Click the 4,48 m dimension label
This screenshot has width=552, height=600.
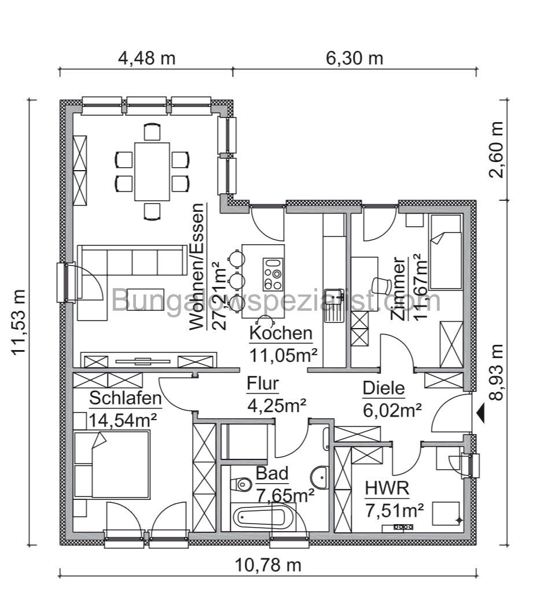(x=146, y=58)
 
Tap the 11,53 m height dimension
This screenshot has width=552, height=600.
(x=19, y=322)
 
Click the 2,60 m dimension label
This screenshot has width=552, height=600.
(x=496, y=150)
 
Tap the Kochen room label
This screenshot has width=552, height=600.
(x=281, y=333)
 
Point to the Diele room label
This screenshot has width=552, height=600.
(x=384, y=388)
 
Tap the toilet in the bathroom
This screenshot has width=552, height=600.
(x=241, y=483)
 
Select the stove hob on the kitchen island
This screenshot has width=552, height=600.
(x=273, y=274)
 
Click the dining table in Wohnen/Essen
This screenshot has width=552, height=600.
(x=152, y=171)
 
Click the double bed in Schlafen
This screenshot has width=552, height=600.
(x=112, y=463)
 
